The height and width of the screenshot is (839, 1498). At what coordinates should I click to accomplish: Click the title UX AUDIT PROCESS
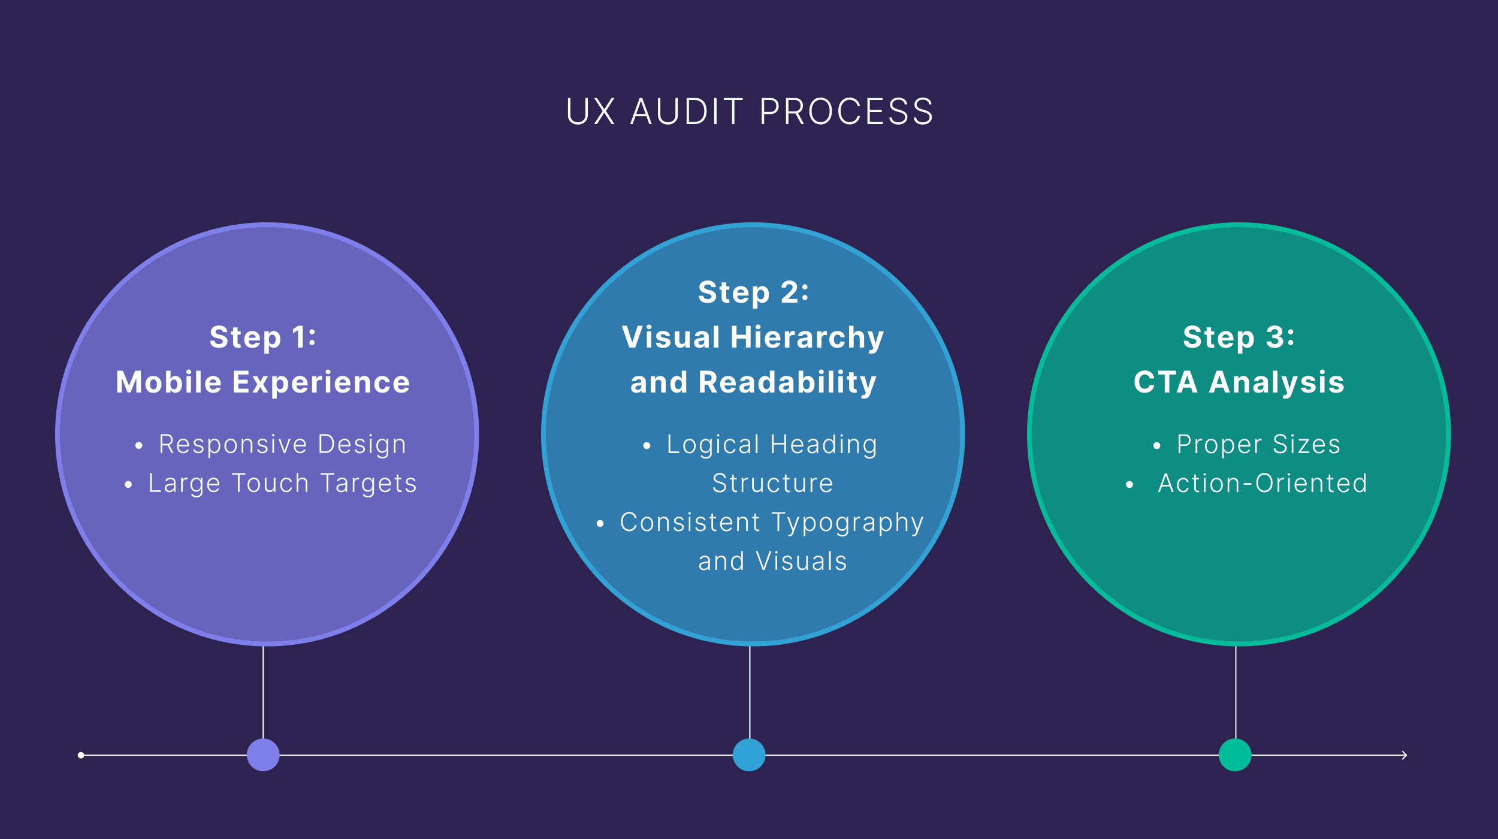tap(749, 111)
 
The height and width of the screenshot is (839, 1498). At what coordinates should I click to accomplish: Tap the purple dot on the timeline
tap(263, 755)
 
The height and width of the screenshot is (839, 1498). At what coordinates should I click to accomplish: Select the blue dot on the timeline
tap(749, 755)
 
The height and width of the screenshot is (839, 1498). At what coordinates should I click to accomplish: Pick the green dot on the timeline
tap(1235, 755)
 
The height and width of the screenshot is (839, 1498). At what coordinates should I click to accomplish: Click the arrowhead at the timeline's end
tap(1404, 755)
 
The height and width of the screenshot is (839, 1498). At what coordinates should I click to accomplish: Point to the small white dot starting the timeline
tap(81, 755)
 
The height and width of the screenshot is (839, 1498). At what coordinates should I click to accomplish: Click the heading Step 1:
tap(263, 337)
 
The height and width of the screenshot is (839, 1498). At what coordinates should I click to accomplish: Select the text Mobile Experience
tap(263, 382)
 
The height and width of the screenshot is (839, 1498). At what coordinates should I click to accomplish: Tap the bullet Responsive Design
tap(282, 445)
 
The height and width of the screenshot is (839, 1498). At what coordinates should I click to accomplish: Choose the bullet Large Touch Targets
tap(282, 484)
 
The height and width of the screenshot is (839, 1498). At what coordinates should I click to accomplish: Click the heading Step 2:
tap(753, 292)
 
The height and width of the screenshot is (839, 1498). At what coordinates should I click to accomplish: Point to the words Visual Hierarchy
tap(753, 337)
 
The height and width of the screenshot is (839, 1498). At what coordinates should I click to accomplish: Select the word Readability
tap(787, 382)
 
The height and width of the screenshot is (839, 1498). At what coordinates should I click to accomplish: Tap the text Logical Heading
tap(772, 445)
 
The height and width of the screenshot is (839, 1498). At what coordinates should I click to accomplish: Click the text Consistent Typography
tap(772, 523)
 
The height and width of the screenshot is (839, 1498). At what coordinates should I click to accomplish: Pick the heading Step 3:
tap(1239, 337)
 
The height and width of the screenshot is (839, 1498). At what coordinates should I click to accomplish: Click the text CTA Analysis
tap(1239, 382)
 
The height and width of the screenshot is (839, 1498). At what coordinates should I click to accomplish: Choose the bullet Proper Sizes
tap(1258, 445)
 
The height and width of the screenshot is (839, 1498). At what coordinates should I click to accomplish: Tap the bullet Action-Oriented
tap(1263, 484)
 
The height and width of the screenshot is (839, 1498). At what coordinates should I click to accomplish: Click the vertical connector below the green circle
tap(1236, 692)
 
